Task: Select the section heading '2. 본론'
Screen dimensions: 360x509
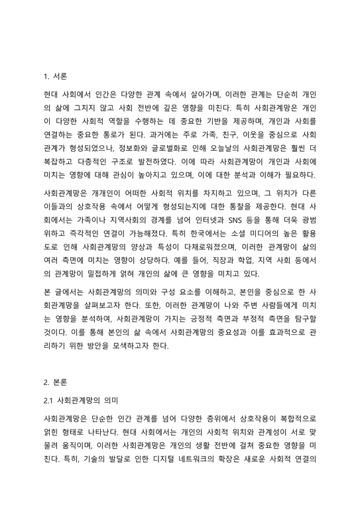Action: [x=55, y=383]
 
